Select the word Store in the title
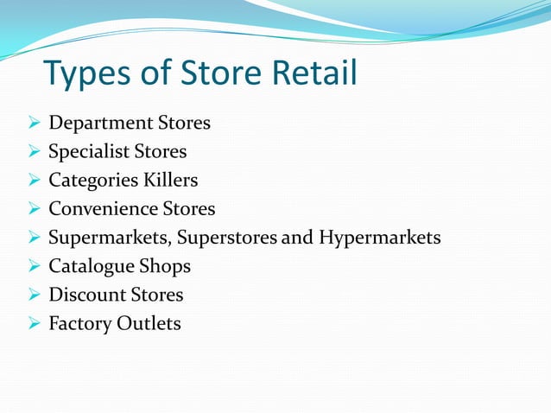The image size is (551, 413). pyautogui.click(x=225, y=73)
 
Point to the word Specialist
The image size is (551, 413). pyautogui.click(x=88, y=152)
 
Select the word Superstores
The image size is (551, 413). pyautogui.click(x=227, y=238)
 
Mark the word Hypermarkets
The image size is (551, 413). pyautogui.click(x=379, y=238)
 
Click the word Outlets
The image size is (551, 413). pyautogui.click(x=149, y=323)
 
